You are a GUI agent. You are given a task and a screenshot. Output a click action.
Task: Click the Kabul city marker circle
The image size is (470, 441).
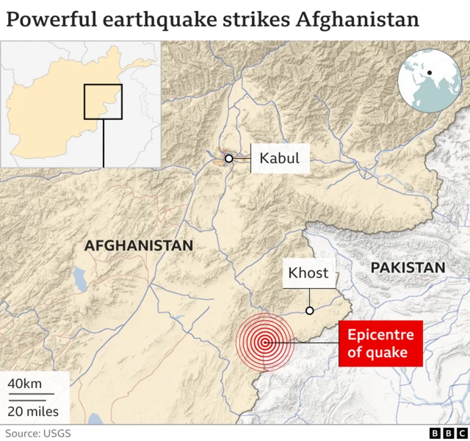coord(228,158)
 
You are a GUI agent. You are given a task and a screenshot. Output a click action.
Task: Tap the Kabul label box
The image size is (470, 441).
coord(280,158)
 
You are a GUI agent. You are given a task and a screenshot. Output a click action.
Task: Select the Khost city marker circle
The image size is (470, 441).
coord(310,311)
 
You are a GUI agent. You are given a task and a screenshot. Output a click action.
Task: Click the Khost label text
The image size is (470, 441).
coord(308,273)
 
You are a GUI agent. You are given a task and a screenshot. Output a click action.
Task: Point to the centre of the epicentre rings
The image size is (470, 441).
coord(264,342)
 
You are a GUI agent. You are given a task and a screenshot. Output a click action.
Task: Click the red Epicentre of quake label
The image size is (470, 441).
coord(380,344)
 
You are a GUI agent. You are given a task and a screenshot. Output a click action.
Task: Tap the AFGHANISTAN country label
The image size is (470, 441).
coord(139,245)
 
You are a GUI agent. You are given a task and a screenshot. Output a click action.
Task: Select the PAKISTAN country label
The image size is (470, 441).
coord(408,268)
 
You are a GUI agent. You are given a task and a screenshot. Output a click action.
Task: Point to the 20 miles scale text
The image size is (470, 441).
coord(34,411)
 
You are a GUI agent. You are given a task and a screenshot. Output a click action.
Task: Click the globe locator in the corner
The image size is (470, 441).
coord(430,80)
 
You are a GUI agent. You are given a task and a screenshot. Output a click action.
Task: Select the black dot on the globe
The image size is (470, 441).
coord(429,73)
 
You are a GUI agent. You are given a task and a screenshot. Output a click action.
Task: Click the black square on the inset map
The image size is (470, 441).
coord(103,101)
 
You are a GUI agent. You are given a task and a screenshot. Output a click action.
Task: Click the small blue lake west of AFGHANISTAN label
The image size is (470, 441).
coord(79,278)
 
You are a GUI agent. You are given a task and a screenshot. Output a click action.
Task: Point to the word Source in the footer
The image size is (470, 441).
coord(23,433)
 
